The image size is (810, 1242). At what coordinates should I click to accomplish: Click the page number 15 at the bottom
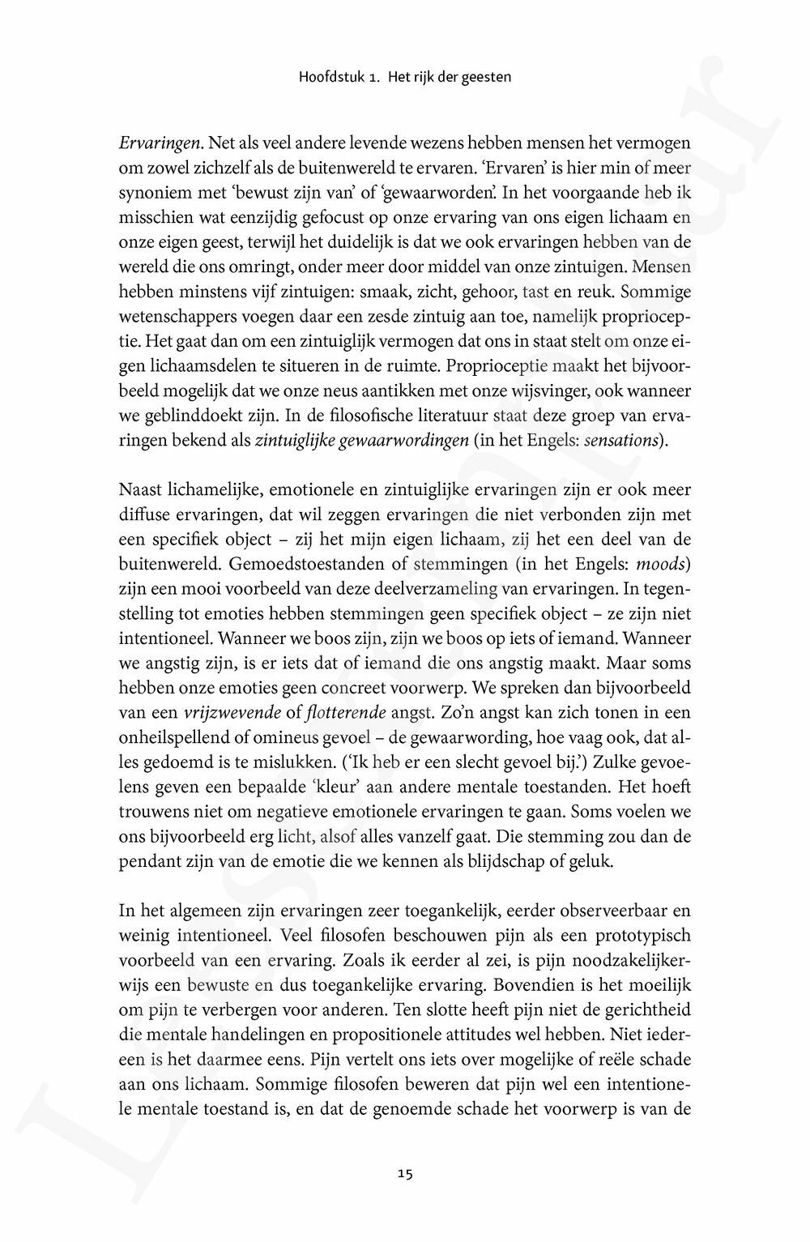point(406,1172)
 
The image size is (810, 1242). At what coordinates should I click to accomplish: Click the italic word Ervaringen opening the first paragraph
point(160,143)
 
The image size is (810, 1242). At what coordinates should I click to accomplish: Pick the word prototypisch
point(643,936)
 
